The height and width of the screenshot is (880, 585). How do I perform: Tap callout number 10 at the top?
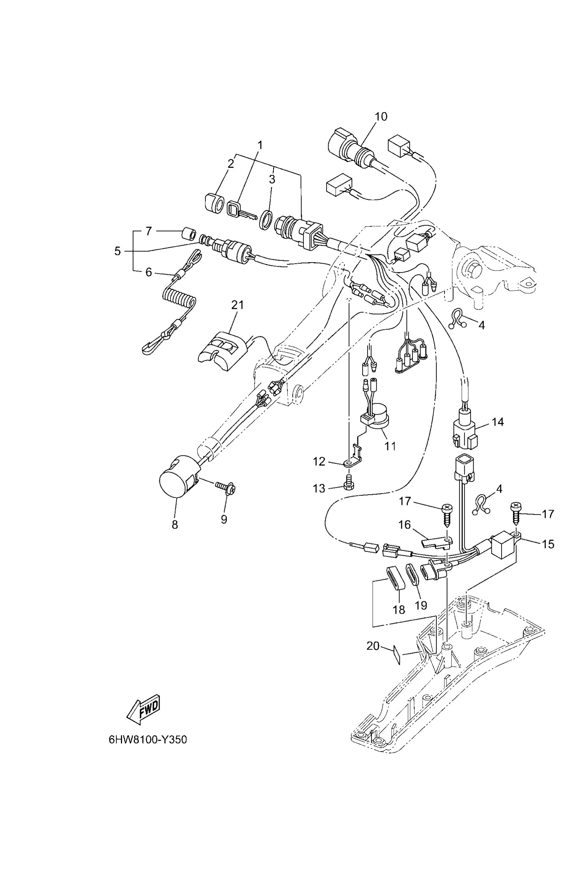[381, 116]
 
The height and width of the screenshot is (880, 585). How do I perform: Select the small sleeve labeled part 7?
[188, 234]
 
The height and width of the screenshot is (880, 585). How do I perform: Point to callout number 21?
[237, 305]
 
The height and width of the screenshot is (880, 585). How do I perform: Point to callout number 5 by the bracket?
[117, 251]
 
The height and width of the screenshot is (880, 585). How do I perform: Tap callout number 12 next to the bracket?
[319, 462]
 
